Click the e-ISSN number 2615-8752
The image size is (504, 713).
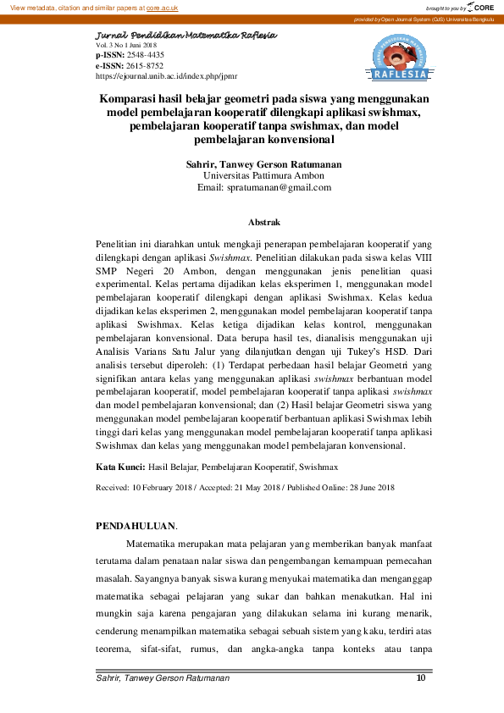point(144,65)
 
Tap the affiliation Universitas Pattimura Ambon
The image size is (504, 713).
point(252,174)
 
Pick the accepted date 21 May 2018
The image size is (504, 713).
point(250,488)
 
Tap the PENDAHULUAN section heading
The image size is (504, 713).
point(136,526)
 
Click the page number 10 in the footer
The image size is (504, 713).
point(421,677)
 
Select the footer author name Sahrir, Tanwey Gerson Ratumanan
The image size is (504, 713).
point(163,678)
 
